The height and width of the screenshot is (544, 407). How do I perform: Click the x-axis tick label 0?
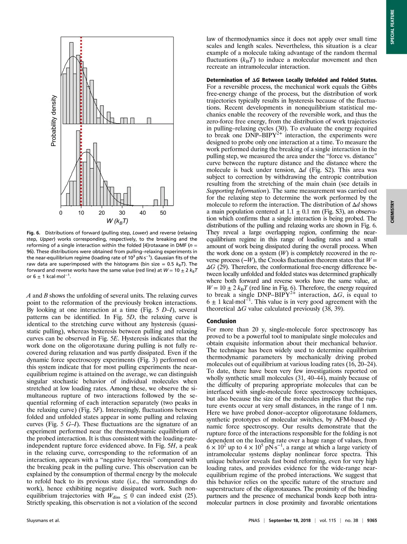pyautogui.click(x=61, y=213)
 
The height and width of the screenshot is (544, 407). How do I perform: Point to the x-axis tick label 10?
pyautogui.click(x=81, y=213)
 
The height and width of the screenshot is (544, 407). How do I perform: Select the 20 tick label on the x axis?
pyautogui.click(x=102, y=213)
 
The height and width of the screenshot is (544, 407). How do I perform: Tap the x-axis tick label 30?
pyautogui.click(x=122, y=213)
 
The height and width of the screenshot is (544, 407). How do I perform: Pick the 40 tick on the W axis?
pyautogui.click(x=143, y=213)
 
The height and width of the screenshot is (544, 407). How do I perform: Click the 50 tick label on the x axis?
pyautogui.click(x=163, y=213)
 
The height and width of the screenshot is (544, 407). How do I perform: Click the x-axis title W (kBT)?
pyautogui.click(x=117, y=222)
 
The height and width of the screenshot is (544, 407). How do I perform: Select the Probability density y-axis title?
pyautogui.click(x=54, y=121)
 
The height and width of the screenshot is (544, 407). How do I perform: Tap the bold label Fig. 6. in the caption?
pyautogui.click(x=34, y=233)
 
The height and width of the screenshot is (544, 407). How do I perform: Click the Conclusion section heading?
pyautogui.click(x=221, y=321)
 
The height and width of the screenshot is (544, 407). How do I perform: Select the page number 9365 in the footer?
pyautogui.click(x=372, y=521)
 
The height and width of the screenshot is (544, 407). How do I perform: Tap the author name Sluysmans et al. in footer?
pyautogui.click(x=43, y=521)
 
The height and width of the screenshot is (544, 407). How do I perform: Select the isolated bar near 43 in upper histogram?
pyautogui.click(x=149, y=121)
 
